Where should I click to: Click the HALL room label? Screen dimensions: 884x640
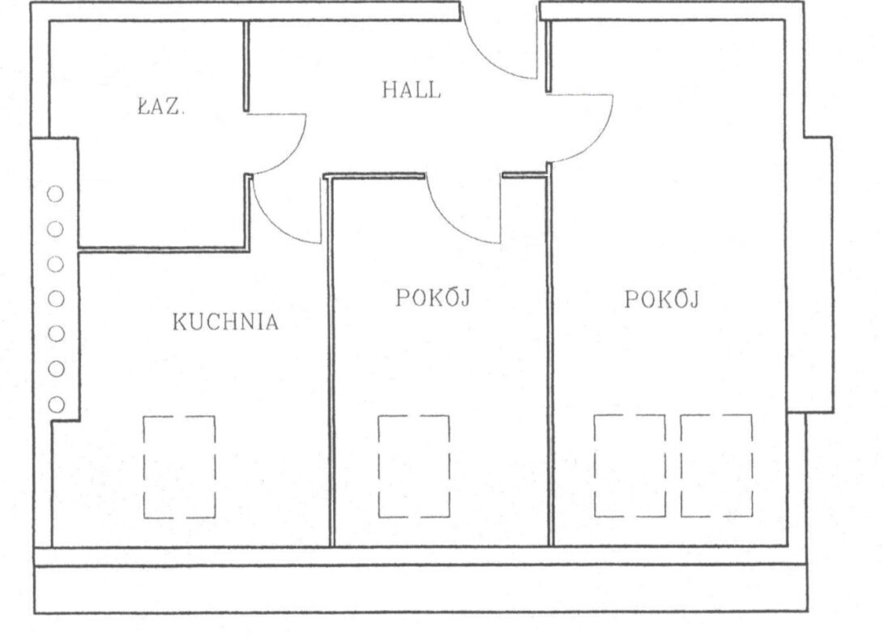click(x=411, y=90)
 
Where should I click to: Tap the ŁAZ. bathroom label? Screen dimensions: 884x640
click(x=160, y=107)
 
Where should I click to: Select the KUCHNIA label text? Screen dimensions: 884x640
click(x=225, y=322)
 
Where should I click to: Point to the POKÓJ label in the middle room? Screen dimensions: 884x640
click(x=433, y=298)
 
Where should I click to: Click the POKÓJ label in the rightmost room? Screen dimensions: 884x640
click(x=661, y=299)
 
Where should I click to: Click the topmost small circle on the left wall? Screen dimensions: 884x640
click(x=55, y=194)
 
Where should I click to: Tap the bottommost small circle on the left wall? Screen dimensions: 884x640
click(x=56, y=404)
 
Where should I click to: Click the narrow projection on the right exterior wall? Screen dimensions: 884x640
click(x=818, y=275)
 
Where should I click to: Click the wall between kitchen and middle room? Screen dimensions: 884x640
click(x=331, y=361)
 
